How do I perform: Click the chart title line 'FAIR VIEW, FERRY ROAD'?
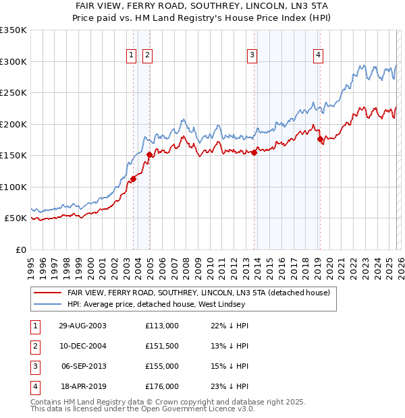point(202,6)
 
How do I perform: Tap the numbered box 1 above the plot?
point(132,56)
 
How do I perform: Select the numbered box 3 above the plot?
point(252,56)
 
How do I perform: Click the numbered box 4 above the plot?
point(318,56)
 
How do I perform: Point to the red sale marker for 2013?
point(254,152)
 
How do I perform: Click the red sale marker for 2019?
point(320,140)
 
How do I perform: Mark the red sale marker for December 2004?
point(149,155)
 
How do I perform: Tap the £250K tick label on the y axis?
point(13,93)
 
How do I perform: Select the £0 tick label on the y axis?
point(20,249)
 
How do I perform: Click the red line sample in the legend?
point(47,293)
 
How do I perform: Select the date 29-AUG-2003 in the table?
point(82,326)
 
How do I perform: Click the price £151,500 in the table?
point(162,346)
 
